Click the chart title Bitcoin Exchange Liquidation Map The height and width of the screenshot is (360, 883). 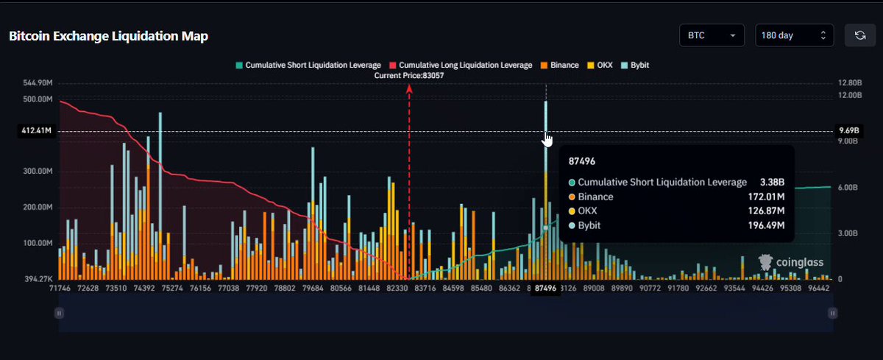tap(108, 36)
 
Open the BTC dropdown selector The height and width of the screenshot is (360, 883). tap(712, 35)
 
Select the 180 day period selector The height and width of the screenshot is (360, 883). tap(794, 35)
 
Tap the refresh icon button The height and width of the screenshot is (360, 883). tap(860, 35)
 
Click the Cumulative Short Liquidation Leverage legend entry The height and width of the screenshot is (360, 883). tap(308, 65)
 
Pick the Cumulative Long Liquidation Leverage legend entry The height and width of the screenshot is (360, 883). tap(461, 65)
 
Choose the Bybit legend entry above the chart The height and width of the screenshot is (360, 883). tap(635, 65)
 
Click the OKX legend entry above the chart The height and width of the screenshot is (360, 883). tap(600, 65)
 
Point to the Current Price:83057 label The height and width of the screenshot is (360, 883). tap(409, 75)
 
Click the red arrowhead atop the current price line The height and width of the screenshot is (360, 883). tap(409, 89)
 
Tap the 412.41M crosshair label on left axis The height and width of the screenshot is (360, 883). tap(36, 130)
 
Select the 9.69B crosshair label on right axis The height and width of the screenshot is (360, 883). tap(849, 130)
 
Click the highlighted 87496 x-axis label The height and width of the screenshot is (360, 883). tap(545, 289)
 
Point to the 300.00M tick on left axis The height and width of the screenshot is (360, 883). tap(38, 171)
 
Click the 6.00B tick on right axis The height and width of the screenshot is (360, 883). tap(848, 187)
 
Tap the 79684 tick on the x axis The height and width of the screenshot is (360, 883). tap(313, 289)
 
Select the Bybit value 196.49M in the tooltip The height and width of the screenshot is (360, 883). tap(766, 225)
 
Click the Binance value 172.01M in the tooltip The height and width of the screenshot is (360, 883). tap(766, 197)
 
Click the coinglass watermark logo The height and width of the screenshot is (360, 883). tap(791, 262)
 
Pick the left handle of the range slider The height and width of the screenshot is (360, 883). tap(59, 313)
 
